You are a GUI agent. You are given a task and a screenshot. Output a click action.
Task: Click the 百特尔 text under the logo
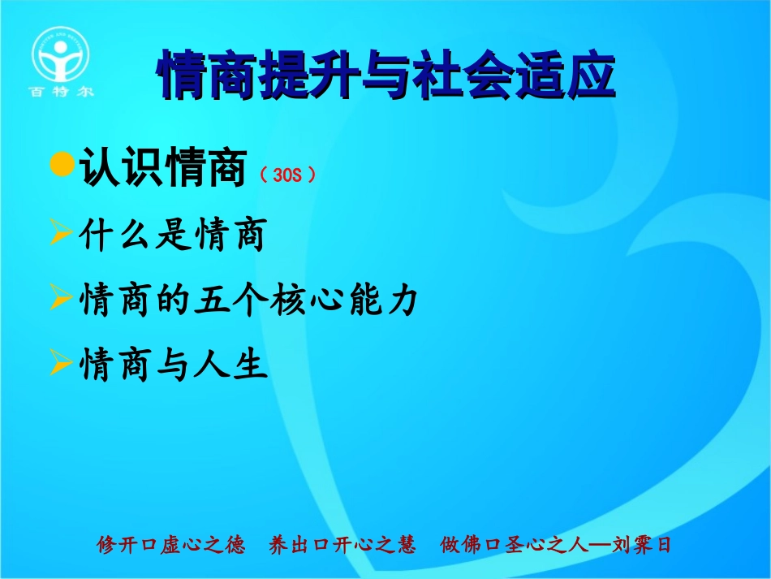(x=62, y=92)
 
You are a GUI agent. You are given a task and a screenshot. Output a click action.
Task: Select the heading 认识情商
(x=162, y=169)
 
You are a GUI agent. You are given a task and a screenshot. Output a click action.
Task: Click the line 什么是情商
(x=172, y=236)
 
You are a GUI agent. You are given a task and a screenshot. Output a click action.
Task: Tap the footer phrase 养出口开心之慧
(x=342, y=544)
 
